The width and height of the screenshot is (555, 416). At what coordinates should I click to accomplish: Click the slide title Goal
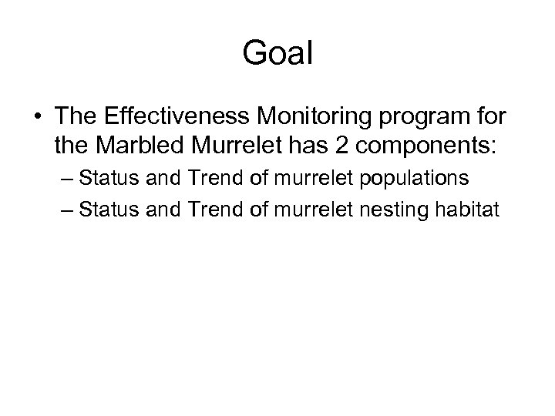277,53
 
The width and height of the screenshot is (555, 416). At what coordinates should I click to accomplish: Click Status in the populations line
106,179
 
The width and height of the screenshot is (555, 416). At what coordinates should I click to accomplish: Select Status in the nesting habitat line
106,208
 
